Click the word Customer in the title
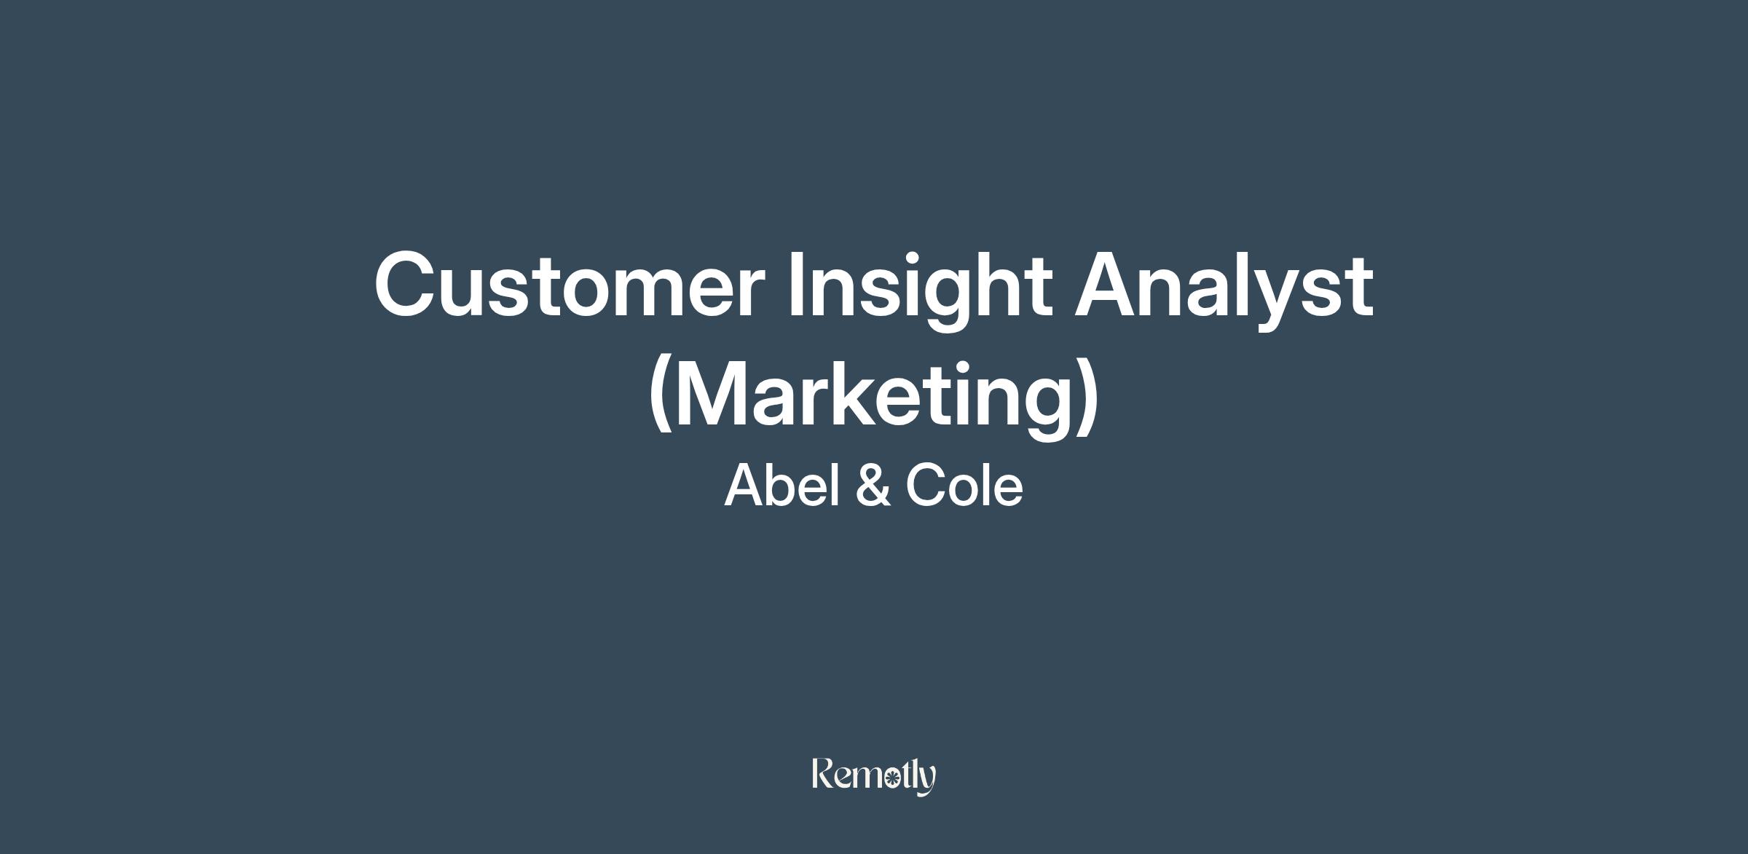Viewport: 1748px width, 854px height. pos(570,285)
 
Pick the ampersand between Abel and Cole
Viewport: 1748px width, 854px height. pos(873,485)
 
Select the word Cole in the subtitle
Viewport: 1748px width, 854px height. pos(964,485)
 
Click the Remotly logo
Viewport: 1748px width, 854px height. pos(874,776)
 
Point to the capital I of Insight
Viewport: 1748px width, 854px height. pos(798,285)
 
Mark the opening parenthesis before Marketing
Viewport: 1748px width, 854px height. pos(660,397)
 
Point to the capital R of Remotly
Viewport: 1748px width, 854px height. pos(823,774)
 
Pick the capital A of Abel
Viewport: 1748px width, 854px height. pos(744,485)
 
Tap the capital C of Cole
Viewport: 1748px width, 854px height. pos(925,485)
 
